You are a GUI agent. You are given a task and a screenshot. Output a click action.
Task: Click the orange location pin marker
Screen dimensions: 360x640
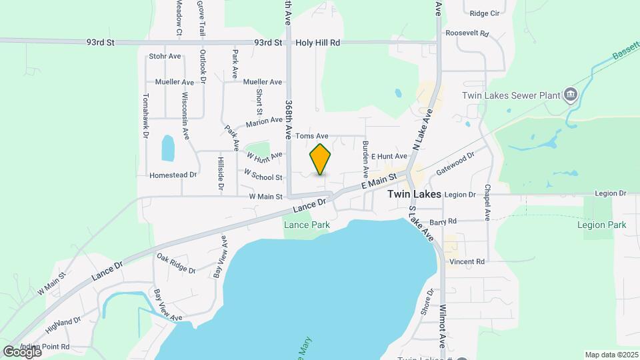(x=321, y=159)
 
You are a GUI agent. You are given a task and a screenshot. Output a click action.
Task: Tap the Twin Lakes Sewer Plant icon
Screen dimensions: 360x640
(x=570, y=95)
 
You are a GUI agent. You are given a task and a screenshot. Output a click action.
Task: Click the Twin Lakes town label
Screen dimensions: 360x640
(x=414, y=195)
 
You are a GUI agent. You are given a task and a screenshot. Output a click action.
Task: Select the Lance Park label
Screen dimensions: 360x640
(x=307, y=225)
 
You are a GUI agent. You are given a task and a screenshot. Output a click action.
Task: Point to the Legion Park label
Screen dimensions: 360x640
(x=601, y=225)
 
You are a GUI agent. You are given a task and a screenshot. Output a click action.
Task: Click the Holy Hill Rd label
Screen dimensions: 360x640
(x=318, y=43)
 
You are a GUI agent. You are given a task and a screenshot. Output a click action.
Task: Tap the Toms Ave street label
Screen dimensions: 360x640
(x=312, y=136)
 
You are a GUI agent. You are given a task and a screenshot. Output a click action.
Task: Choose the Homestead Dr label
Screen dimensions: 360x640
(x=173, y=175)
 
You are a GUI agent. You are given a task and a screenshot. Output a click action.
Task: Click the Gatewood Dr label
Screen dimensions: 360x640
(x=455, y=162)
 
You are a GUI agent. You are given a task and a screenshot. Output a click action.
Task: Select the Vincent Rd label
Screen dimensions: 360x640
(x=467, y=262)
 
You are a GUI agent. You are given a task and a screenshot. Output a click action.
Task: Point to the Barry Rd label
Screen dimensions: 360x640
(x=443, y=221)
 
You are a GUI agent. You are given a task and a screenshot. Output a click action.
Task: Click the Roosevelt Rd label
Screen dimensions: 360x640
(x=467, y=33)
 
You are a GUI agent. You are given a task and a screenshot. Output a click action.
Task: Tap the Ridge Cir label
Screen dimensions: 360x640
(x=484, y=13)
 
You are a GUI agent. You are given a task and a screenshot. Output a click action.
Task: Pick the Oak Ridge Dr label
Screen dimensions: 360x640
(x=176, y=263)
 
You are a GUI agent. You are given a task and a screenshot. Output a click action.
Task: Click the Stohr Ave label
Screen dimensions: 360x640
(x=165, y=57)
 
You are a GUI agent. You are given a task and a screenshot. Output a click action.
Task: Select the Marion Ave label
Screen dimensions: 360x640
(x=264, y=121)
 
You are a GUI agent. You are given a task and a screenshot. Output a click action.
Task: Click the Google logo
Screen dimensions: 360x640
(x=21, y=351)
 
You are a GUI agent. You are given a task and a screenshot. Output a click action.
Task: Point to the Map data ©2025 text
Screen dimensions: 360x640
(x=611, y=355)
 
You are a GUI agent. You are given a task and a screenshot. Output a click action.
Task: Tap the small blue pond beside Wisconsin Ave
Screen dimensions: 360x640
(x=168, y=147)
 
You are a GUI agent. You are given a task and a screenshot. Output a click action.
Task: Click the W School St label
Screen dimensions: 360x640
(x=264, y=174)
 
